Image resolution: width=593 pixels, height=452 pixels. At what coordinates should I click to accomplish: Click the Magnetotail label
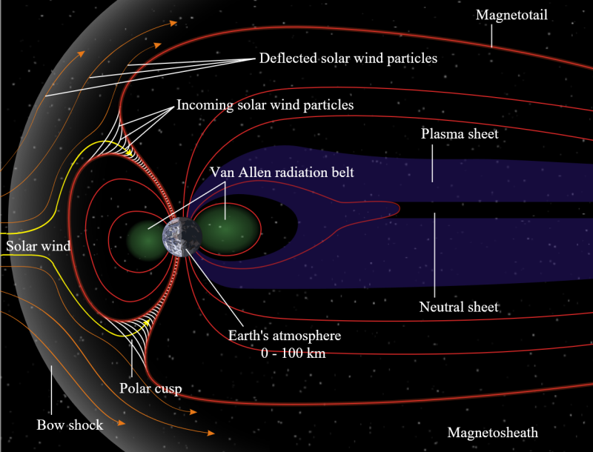[x=511, y=15]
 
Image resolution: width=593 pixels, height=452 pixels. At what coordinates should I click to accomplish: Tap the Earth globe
[x=182, y=237]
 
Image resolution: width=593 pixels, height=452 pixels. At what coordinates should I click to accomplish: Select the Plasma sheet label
[x=460, y=134]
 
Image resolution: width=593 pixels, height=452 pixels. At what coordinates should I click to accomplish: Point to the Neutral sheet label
[x=459, y=307]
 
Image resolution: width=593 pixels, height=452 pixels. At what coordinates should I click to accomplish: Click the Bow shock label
[x=70, y=425]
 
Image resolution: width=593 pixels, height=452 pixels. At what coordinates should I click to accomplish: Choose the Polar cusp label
[x=150, y=388]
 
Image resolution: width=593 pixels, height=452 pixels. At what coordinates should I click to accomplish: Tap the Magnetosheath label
[x=492, y=432]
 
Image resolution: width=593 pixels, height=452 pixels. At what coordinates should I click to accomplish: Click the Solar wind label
[x=39, y=246]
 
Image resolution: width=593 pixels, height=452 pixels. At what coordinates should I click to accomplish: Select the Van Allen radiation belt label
[x=282, y=173]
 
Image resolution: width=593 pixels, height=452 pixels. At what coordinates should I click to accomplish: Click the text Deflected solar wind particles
[x=348, y=59]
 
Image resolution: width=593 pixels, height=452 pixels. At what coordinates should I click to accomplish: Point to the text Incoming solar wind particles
[x=265, y=104]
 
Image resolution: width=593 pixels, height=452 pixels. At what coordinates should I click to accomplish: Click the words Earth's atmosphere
[x=285, y=336]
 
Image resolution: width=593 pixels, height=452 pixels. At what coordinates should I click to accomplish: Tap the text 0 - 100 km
[x=293, y=353]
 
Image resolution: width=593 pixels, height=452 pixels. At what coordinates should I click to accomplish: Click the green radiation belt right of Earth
[x=227, y=230]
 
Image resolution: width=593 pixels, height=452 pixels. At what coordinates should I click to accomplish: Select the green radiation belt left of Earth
[x=145, y=241]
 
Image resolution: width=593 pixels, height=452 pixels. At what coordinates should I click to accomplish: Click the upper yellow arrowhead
[x=130, y=153]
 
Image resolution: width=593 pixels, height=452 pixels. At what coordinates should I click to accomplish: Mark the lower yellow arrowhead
[x=147, y=322]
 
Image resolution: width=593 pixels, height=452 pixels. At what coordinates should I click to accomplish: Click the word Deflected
[x=288, y=59]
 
